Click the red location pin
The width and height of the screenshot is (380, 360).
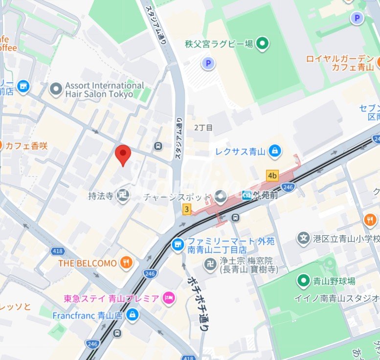pos(123,155)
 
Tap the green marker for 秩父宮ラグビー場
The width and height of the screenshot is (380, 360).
pos(263,44)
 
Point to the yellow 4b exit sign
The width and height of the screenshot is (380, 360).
pos(272,175)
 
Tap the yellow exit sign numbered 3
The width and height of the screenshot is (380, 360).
pos(186,209)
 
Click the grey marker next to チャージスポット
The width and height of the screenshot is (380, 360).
pos(221,196)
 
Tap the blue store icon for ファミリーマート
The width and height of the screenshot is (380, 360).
pos(178,242)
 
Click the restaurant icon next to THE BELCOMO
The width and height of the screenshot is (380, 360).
pos(127,263)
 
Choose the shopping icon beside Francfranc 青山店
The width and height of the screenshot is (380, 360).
pos(132,315)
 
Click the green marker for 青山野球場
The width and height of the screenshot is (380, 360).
pos(303,281)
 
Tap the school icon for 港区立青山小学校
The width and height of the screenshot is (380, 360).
pos(304,238)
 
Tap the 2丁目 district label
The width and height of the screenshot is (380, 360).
pos(203,128)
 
